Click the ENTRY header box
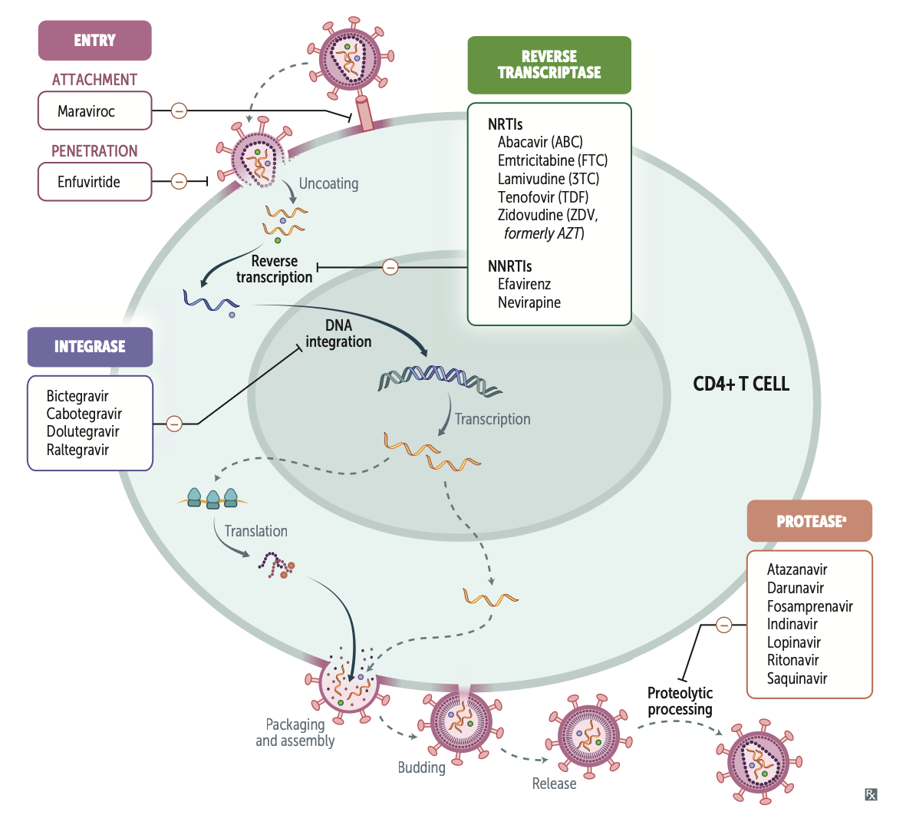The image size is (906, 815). point(94,41)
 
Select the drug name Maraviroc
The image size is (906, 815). point(86,111)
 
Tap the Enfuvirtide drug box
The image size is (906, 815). point(94,182)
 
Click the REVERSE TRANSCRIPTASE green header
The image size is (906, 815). point(549,65)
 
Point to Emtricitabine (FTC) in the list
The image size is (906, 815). point(552,160)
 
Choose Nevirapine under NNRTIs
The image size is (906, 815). point(529,302)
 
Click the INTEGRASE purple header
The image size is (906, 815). point(90,347)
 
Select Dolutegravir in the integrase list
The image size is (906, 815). point(83,431)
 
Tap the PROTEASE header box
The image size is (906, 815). point(809,522)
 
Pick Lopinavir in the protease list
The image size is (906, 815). point(793,642)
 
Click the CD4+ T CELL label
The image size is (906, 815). point(740,384)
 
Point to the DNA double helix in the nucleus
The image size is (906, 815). point(440,379)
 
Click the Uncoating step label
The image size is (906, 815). point(328,183)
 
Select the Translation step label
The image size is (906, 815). point(255,531)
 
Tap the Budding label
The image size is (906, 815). point(421,767)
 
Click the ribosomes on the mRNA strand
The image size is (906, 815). point(213,499)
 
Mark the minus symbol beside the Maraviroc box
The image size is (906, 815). point(179,111)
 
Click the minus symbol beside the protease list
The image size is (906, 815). point(723,625)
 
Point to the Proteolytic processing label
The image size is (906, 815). point(680,701)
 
